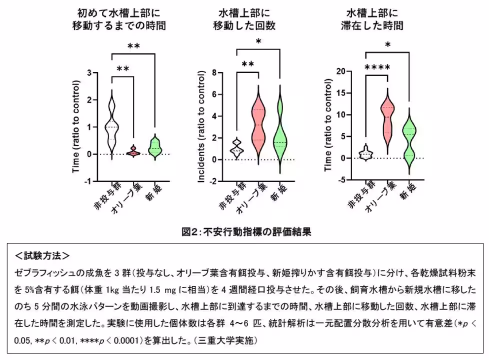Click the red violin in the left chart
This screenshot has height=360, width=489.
[x=133, y=151]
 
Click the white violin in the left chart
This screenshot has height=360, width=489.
[x=111, y=125]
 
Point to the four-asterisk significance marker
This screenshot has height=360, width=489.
[x=377, y=67]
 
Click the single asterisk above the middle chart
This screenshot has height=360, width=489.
[x=258, y=42]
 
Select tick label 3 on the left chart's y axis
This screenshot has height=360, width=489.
[x=89, y=73]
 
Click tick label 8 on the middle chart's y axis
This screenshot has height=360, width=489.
[x=213, y=73]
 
